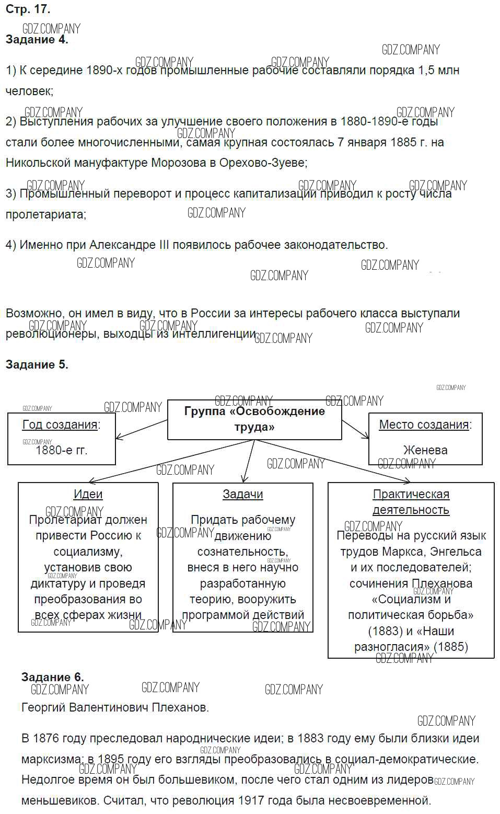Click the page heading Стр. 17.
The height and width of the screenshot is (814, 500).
click(28, 9)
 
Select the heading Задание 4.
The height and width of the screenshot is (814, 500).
click(37, 40)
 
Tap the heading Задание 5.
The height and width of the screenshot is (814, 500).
click(37, 365)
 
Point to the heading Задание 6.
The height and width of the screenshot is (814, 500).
click(52, 678)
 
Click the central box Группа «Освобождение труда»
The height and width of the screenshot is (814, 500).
click(254, 419)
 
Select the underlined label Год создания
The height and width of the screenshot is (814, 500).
click(60, 425)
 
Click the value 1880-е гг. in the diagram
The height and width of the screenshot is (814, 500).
click(61, 450)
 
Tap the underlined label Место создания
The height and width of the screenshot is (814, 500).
click(424, 425)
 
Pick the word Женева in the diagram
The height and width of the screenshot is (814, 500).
click(425, 450)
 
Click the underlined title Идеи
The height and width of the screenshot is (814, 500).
click(88, 495)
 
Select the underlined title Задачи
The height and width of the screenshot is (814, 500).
click(242, 495)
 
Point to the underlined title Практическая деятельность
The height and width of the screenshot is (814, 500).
click(411, 502)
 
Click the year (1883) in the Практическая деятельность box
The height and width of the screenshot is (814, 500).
click(386, 632)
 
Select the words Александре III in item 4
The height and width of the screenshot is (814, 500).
click(129, 245)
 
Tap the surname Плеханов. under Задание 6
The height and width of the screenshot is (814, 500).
click(180, 708)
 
